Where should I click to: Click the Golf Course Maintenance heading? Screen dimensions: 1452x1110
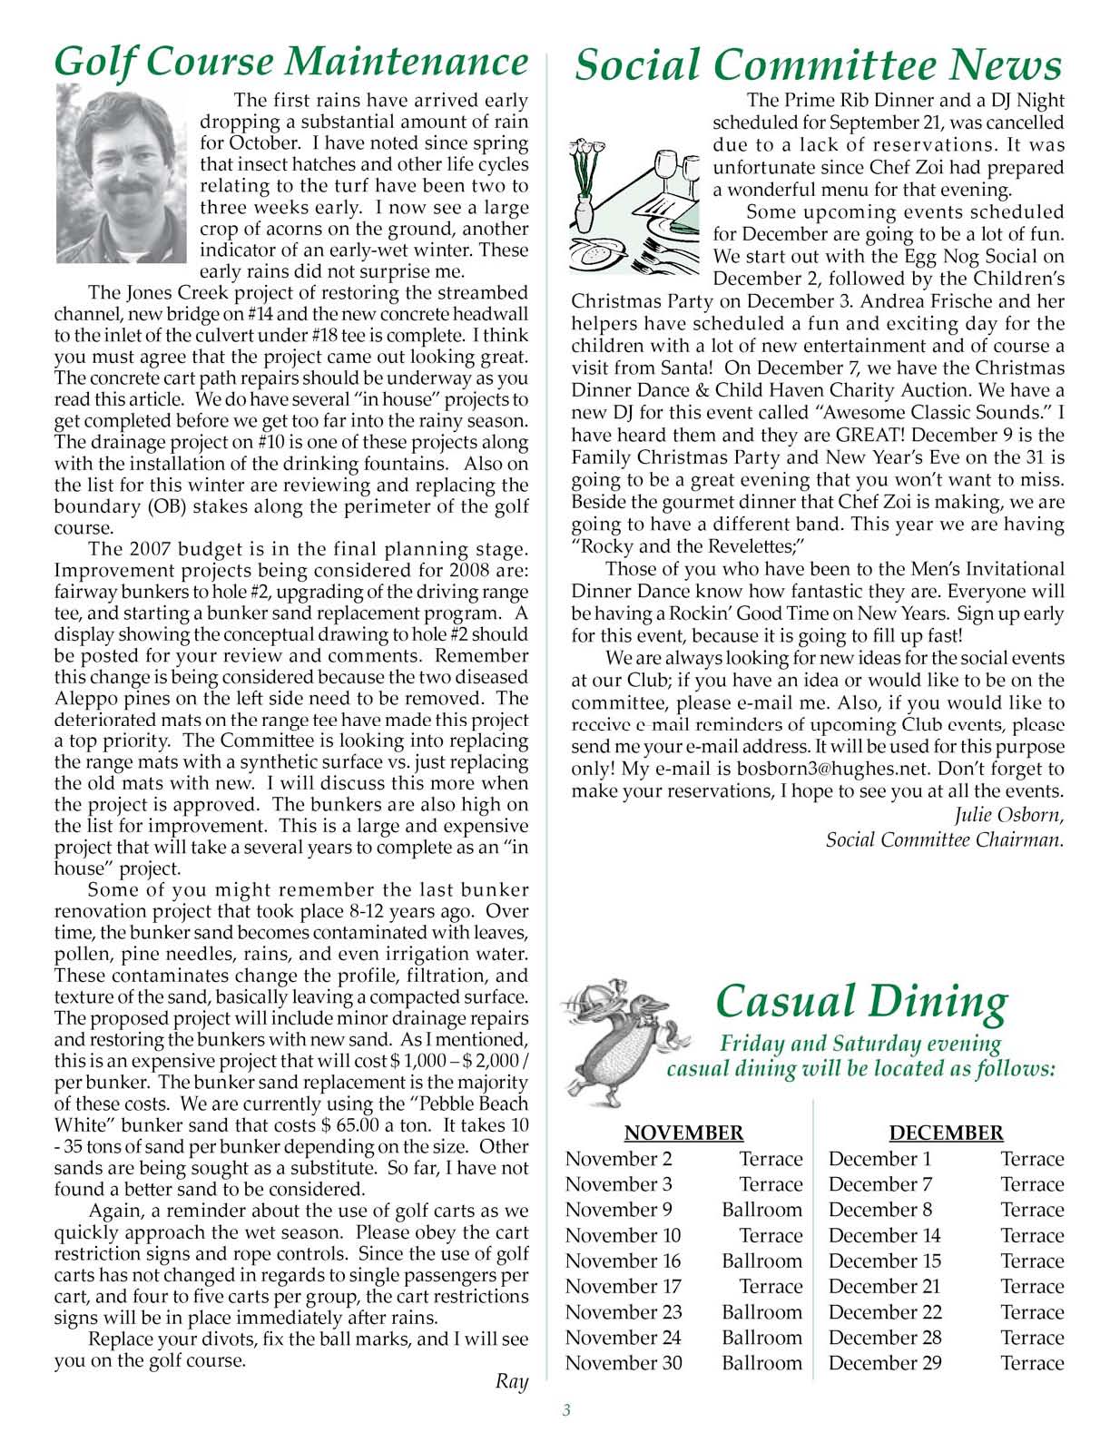coord(290,62)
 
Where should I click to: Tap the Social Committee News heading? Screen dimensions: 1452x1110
coord(818,66)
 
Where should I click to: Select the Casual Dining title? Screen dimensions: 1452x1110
coord(860,1002)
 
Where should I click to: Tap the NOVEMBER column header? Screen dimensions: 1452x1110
coord(683,1133)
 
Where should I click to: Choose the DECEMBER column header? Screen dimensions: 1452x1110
coord(946,1133)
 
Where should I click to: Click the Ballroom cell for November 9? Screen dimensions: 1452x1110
coord(761,1210)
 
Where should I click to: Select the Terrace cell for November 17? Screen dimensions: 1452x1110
coord(771,1286)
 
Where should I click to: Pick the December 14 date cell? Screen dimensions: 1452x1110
coord(884,1235)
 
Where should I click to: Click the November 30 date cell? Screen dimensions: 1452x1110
coord(624,1363)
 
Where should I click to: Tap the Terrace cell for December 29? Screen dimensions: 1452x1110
coord(1032,1363)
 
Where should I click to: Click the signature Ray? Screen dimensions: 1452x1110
coord(512,1382)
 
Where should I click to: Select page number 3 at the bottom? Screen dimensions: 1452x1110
coord(566,1409)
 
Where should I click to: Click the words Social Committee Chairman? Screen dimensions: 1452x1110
coord(944,839)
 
